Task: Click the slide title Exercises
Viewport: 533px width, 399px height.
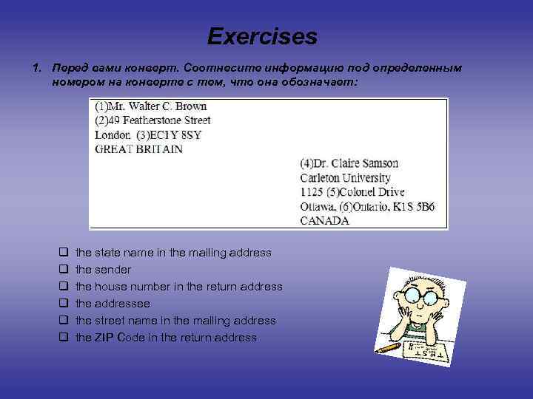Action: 262,36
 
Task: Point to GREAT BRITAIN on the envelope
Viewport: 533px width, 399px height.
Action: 138,149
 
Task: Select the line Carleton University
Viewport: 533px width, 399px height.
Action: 345,177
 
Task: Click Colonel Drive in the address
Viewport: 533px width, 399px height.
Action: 371,191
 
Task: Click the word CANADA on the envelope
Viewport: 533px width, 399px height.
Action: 324,220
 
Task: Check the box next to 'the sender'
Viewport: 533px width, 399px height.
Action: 64,270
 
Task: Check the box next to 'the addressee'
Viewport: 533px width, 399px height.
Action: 64,304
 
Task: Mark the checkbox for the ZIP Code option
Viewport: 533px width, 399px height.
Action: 64,338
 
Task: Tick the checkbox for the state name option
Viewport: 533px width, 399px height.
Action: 64,253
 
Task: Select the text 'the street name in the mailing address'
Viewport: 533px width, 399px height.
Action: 175,321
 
